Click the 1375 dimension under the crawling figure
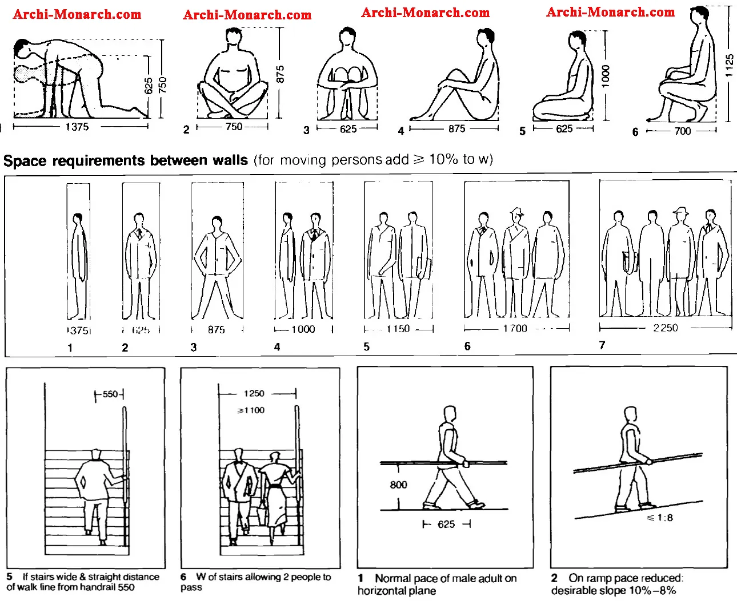[77, 127]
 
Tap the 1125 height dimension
[729, 65]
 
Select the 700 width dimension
[682, 131]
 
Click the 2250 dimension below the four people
[665, 328]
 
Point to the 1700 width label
[515, 328]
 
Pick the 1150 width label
[398, 329]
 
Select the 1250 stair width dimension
[254, 393]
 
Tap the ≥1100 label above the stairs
[251, 410]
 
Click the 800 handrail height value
[398, 485]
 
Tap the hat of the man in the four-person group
[680, 211]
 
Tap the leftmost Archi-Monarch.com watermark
[77, 14]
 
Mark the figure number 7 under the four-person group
[602, 345]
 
